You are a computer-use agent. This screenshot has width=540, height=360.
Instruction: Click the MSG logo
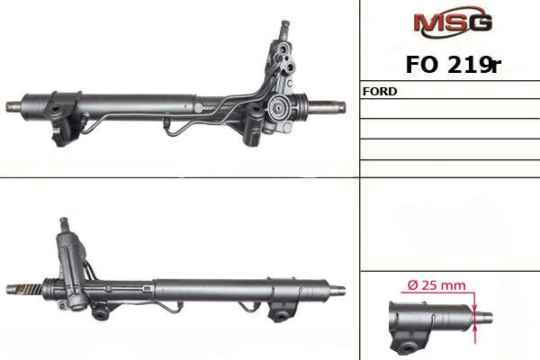(x=453, y=22)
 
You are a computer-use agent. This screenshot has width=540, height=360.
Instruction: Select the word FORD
(x=380, y=91)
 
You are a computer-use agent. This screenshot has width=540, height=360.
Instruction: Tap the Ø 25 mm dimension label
(x=436, y=285)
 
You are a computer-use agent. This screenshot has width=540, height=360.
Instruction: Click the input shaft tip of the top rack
(x=284, y=25)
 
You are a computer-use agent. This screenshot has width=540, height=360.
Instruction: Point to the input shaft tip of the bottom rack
(x=63, y=220)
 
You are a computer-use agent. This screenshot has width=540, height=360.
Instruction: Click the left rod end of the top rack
(x=13, y=106)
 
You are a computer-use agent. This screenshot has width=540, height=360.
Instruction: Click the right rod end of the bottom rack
(x=337, y=290)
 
